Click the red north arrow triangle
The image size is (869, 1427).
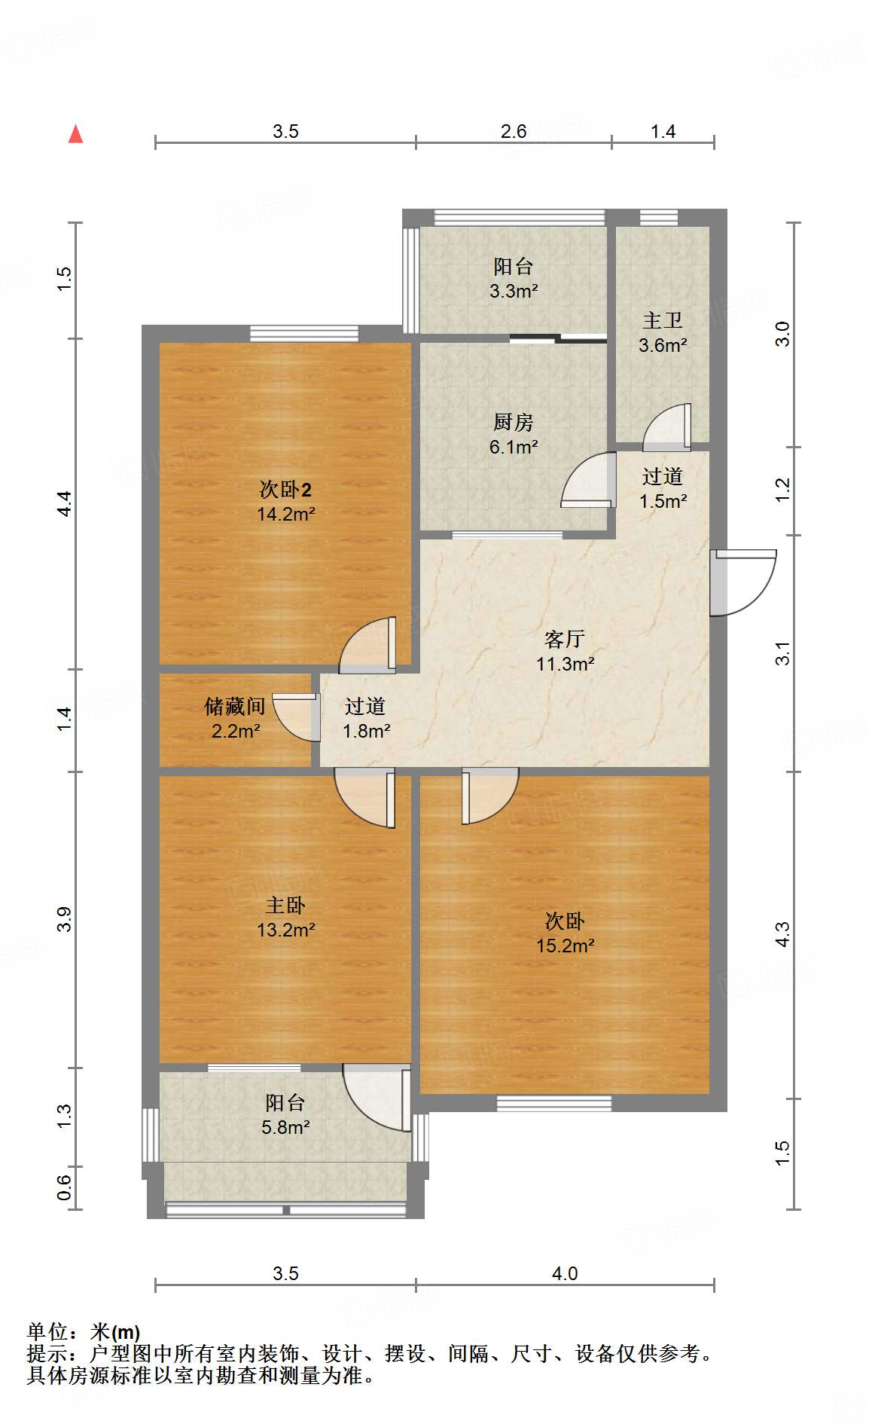pyautogui.click(x=75, y=134)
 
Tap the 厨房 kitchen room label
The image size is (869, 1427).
pyautogui.click(x=514, y=422)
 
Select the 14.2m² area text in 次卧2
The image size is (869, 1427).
pyautogui.click(x=285, y=515)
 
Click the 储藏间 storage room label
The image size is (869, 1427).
pyautogui.click(x=235, y=706)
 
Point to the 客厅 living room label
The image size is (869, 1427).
pyautogui.click(x=564, y=639)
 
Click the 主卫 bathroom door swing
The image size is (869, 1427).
pyautogui.click(x=667, y=427)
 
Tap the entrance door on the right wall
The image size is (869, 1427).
pyautogui.click(x=742, y=582)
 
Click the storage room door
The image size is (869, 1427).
pyautogui.click(x=294, y=717)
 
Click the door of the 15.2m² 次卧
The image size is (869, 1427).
pyautogui.click(x=489, y=795)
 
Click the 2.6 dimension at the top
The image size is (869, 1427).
pyautogui.click(x=514, y=132)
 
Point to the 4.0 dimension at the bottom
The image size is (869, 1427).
pyautogui.click(x=564, y=1273)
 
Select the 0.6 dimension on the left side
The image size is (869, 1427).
pyautogui.click(x=65, y=1188)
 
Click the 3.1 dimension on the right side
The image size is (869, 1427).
pyautogui.click(x=783, y=653)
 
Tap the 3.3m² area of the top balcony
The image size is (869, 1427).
pyautogui.click(x=514, y=291)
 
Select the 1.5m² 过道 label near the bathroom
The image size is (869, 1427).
pyautogui.click(x=663, y=501)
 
